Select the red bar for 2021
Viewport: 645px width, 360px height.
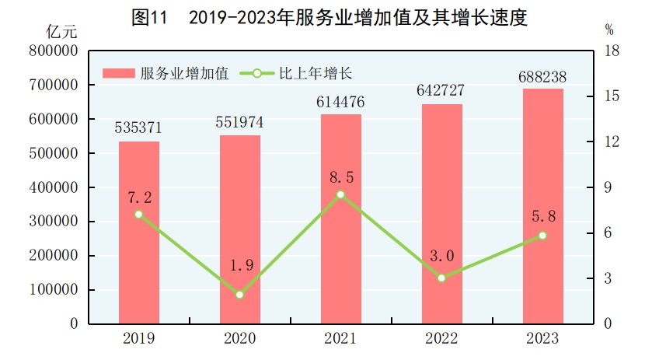tap(341, 218)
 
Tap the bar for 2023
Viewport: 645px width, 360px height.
tap(542, 206)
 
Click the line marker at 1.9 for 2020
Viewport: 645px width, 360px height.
tap(239, 295)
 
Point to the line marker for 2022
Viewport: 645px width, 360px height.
tap(441, 278)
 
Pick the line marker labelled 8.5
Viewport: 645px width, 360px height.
tap(340, 194)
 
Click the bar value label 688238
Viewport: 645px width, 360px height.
tap(543, 77)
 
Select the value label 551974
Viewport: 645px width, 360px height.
tap(239, 123)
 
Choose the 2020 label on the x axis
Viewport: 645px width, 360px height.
tap(239, 339)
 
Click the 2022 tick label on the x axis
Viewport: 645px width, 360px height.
tap(441, 339)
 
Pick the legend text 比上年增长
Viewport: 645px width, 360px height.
tap(316, 74)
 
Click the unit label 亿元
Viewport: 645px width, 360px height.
tap(62, 32)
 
